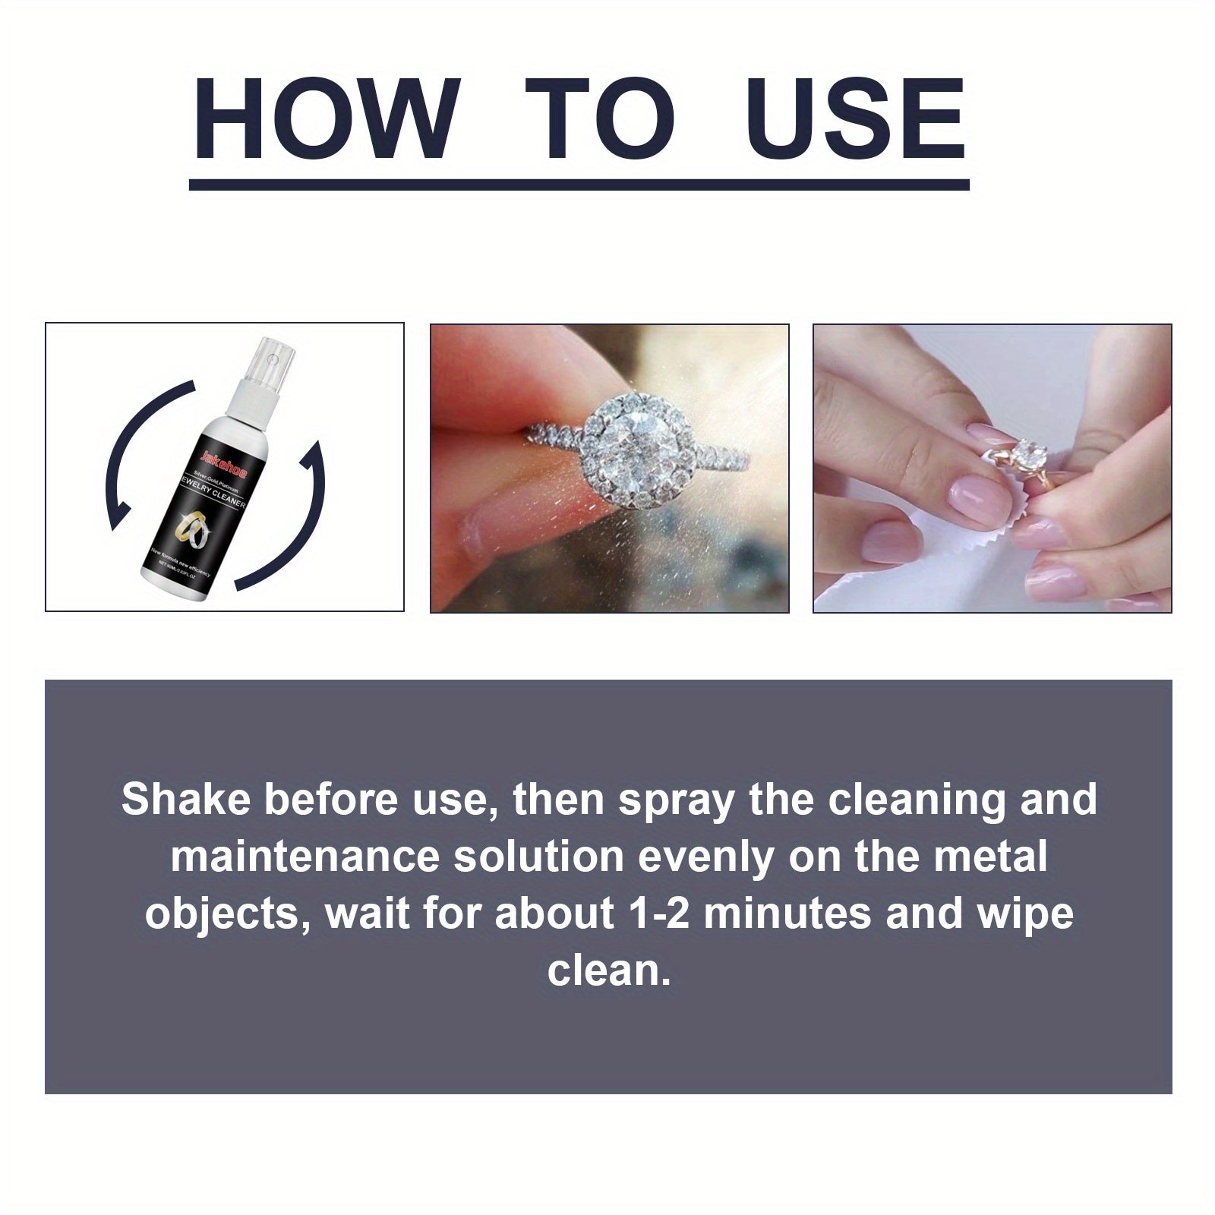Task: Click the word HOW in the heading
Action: tap(327, 120)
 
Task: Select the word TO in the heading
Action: tap(599, 120)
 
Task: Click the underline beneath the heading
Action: tap(579, 185)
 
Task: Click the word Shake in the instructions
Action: tap(185, 800)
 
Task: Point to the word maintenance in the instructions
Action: tap(305, 857)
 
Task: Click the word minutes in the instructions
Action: tap(787, 914)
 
